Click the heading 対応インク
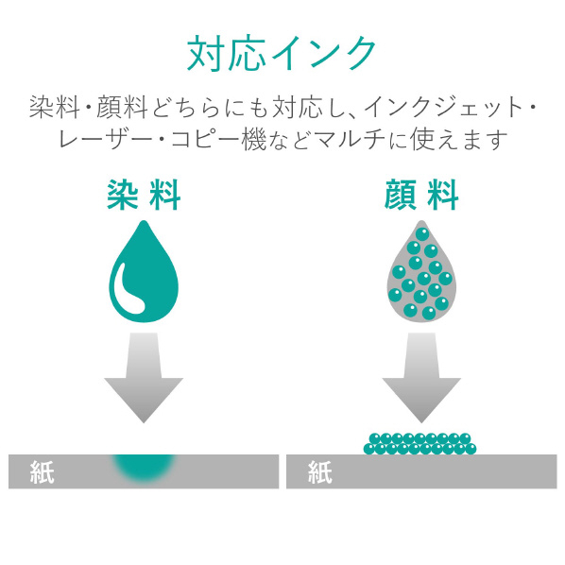[282, 54]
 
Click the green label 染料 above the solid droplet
[144, 195]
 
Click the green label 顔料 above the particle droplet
[421, 195]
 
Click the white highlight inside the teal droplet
[128, 292]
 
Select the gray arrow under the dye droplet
[144, 378]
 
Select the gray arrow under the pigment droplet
[421, 378]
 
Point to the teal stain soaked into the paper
[144, 468]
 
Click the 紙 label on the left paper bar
[43, 472]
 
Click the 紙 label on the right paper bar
[320, 472]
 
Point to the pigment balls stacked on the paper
[419, 444]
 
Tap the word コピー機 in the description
[218, 140]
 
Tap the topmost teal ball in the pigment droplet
[422, 234]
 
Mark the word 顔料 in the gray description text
[122, 108]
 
